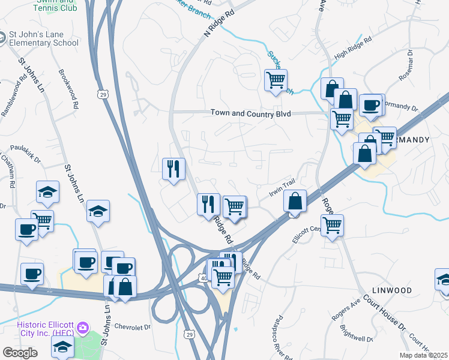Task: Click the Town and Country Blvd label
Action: [250, 113]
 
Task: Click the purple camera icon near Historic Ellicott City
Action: [83, 329]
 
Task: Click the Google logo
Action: [20, 353]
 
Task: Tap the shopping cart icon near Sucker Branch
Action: [276, 80]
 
